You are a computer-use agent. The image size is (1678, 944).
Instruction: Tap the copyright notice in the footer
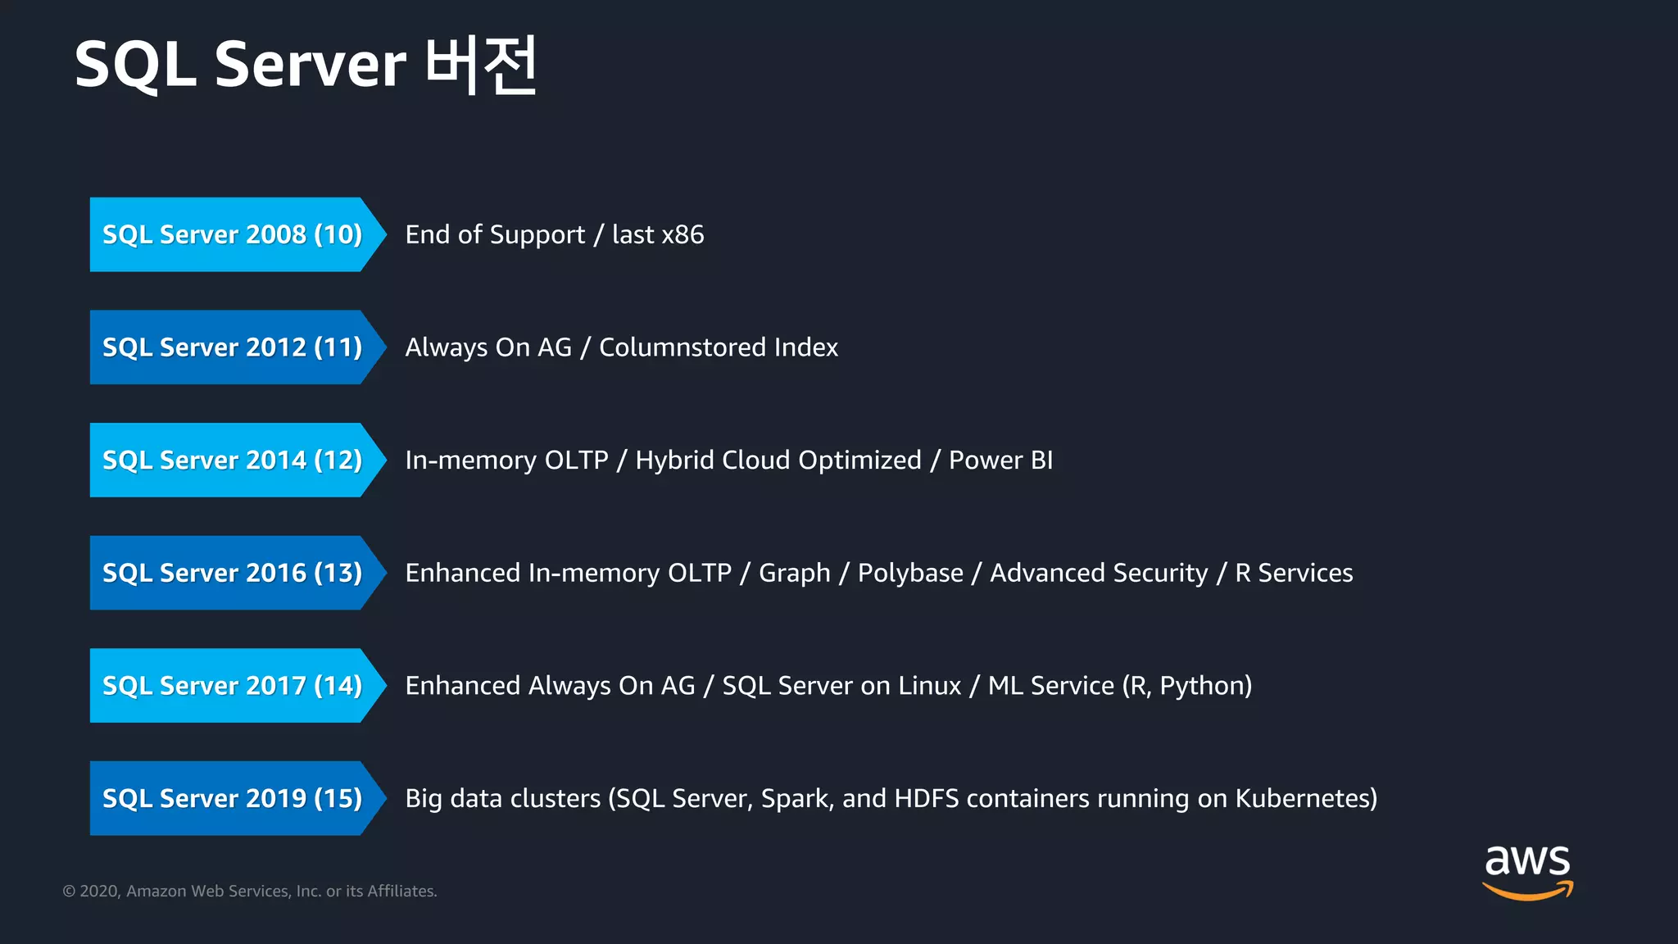(250, 891)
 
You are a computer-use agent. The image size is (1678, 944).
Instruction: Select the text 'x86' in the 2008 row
(683, 235)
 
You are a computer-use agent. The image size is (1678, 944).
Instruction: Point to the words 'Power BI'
(1000, 461)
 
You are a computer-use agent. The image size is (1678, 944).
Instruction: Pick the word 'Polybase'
(910, 574)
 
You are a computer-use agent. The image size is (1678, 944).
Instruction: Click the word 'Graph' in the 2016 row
(794, 574)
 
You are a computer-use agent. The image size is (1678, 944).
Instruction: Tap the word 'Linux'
(929, 686)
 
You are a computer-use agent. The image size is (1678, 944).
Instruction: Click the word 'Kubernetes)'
(1306, 799)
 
